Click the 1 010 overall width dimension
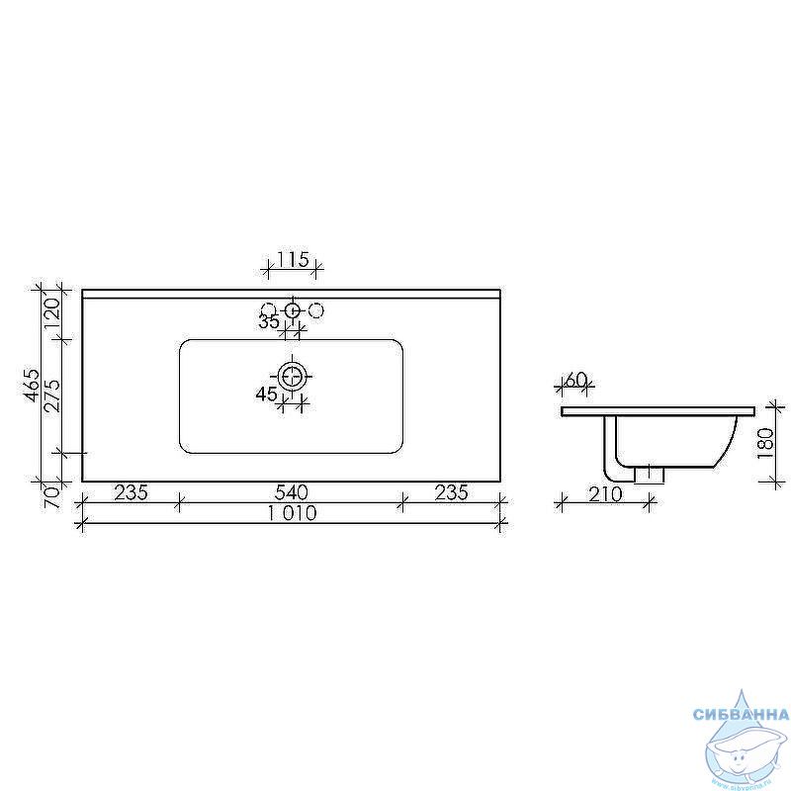(x=292, y=513)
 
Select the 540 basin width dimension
(x=291, y=491)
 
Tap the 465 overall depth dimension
(x=32, y=386)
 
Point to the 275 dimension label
(x=52, y=396)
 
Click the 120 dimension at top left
(x=52, y=312)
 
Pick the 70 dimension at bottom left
(x=52, y=496)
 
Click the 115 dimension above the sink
(x=292, y=260)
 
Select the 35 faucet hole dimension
(x=269, y=321)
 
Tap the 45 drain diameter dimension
(x=266, y=394)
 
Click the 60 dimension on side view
(x=575, y=379)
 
